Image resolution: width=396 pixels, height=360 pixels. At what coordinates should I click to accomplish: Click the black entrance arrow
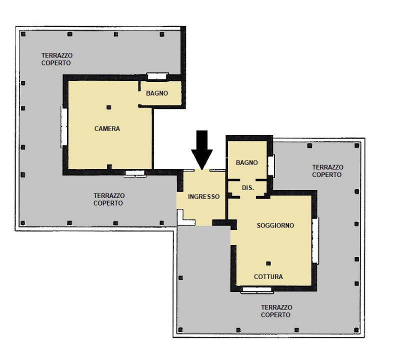tap(202, 149)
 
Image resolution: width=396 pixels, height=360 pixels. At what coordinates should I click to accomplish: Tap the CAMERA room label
tap(107, 129)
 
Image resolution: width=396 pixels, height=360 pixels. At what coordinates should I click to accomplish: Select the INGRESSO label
tap(204, 197)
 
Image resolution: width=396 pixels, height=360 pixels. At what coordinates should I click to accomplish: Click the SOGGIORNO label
tap(275, 225)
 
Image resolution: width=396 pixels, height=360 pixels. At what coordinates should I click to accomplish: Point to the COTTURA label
tap(268, 277)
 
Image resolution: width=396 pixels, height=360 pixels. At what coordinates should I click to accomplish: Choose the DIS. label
tap(248, 188)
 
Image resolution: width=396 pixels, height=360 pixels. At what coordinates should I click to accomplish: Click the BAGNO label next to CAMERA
tap(157, 93)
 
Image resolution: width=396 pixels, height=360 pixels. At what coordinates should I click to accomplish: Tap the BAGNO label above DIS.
tap(246, 162)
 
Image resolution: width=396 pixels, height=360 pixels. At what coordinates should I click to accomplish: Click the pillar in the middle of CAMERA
tap(109, 107)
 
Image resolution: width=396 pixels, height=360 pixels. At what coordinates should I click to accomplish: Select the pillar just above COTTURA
tap(268, 263)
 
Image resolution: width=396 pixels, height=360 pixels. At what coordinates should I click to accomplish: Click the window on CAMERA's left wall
tap(63, 127)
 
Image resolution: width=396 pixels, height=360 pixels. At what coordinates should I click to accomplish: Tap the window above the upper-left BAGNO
tap(157, 76)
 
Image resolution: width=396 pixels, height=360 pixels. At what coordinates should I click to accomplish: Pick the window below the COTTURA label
tap(257, 290)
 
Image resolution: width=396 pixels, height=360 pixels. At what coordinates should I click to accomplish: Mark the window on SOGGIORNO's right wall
tap(315, 241)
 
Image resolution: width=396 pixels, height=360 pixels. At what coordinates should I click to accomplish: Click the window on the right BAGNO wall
tap(271, 165)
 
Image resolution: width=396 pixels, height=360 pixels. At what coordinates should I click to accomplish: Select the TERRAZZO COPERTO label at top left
tap(57, 59)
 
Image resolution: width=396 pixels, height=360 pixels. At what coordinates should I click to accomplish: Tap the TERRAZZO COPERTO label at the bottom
tap(276, 311)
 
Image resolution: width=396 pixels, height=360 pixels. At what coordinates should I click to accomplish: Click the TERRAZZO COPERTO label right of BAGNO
tap(327, 171)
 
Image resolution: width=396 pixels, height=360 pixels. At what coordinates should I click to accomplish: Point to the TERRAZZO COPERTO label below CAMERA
tap(109, 199)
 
